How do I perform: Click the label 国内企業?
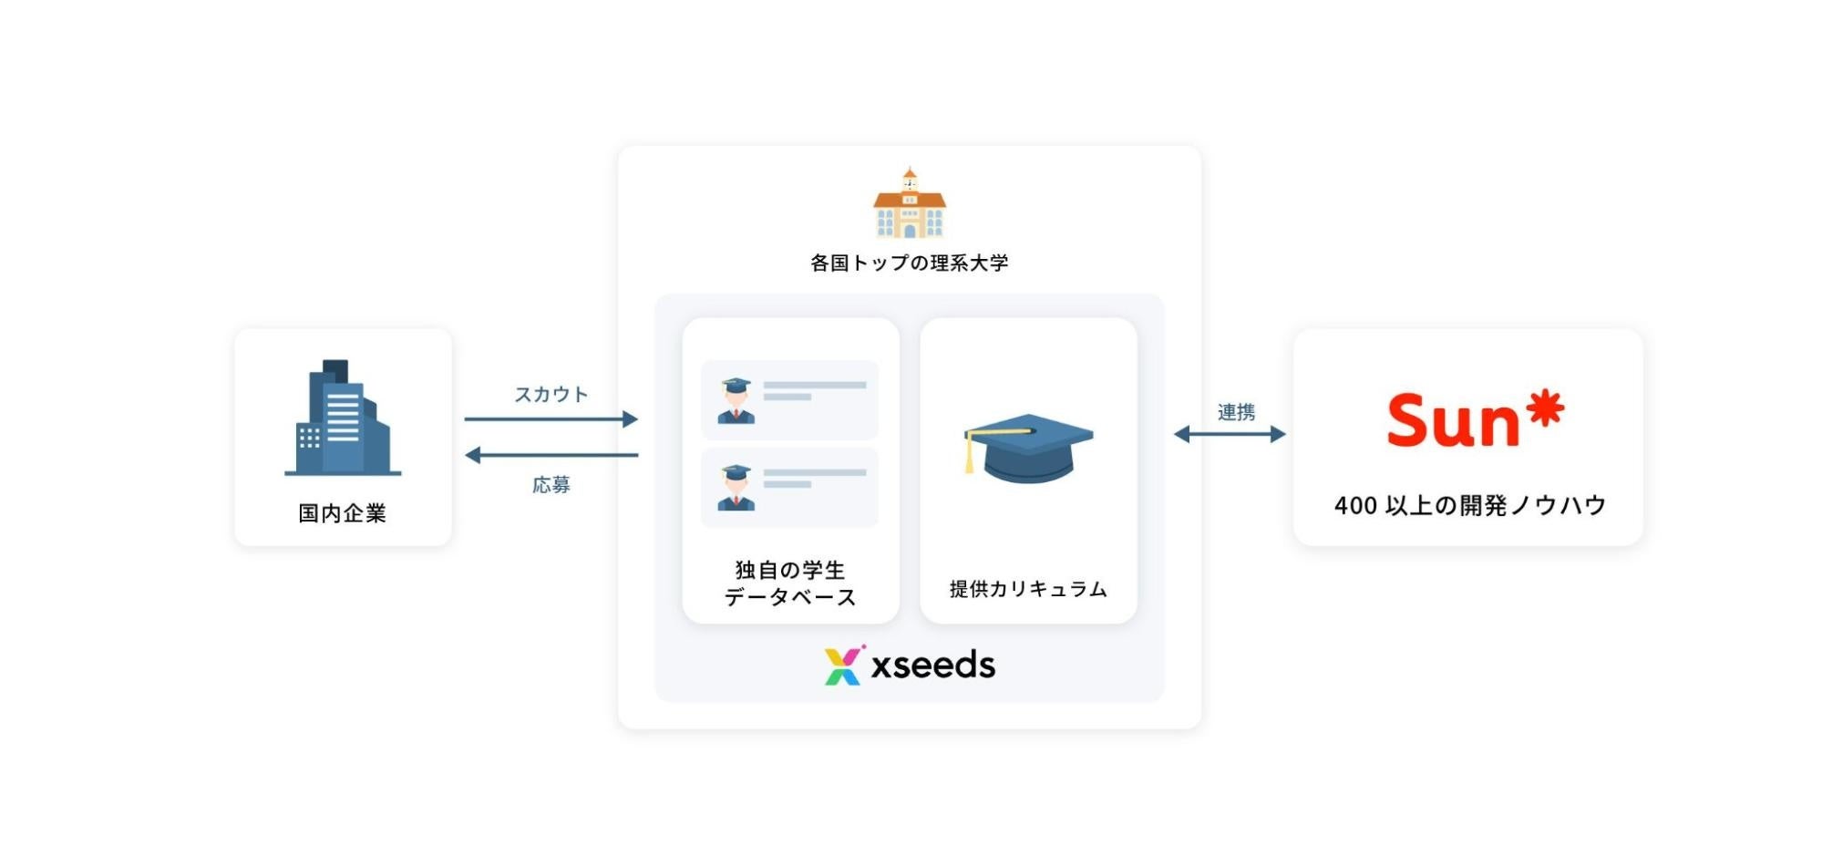click(343, 513)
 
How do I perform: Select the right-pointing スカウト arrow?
click(551, 419)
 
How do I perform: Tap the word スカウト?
click(551, 394)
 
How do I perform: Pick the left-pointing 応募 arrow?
click(551, 455)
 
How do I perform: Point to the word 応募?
click(551, 484)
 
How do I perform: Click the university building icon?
click(909, 204)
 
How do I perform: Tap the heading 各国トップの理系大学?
click(909, 263)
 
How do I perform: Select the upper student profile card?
click(789, 400)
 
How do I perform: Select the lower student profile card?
click(789, 487)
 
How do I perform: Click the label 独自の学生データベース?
click(790, 583)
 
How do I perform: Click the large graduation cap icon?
click(1029, 448)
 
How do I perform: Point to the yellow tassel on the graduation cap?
click(970, 455)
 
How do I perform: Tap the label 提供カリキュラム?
click(1028, 589)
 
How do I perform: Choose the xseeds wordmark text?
click(932, 666)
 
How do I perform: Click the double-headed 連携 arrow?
click(1230, 434)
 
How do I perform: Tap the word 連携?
click(1236, 412)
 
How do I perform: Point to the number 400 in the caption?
click(1355, 506)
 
